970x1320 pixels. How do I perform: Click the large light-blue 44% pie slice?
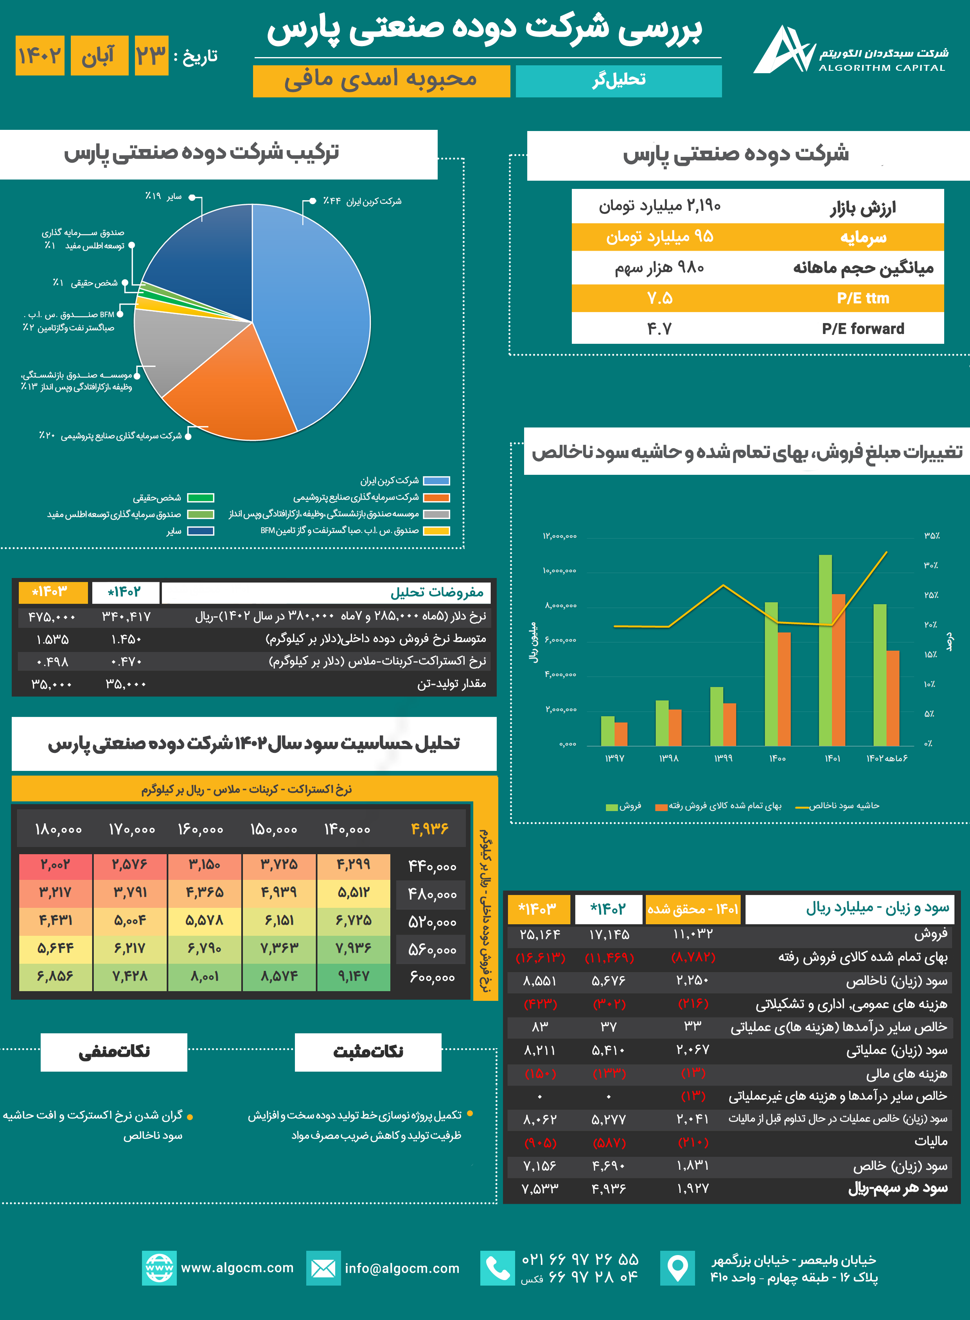(x=311, y=311)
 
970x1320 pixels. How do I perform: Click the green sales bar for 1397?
(x=608, y=731)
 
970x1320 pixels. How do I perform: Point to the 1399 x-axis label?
(x=723, y=759)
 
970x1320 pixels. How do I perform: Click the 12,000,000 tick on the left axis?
(x=560, y=536)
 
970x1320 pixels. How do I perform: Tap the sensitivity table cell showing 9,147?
(x=354, y=976)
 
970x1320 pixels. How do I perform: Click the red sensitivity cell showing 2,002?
(x=55, y=864)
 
